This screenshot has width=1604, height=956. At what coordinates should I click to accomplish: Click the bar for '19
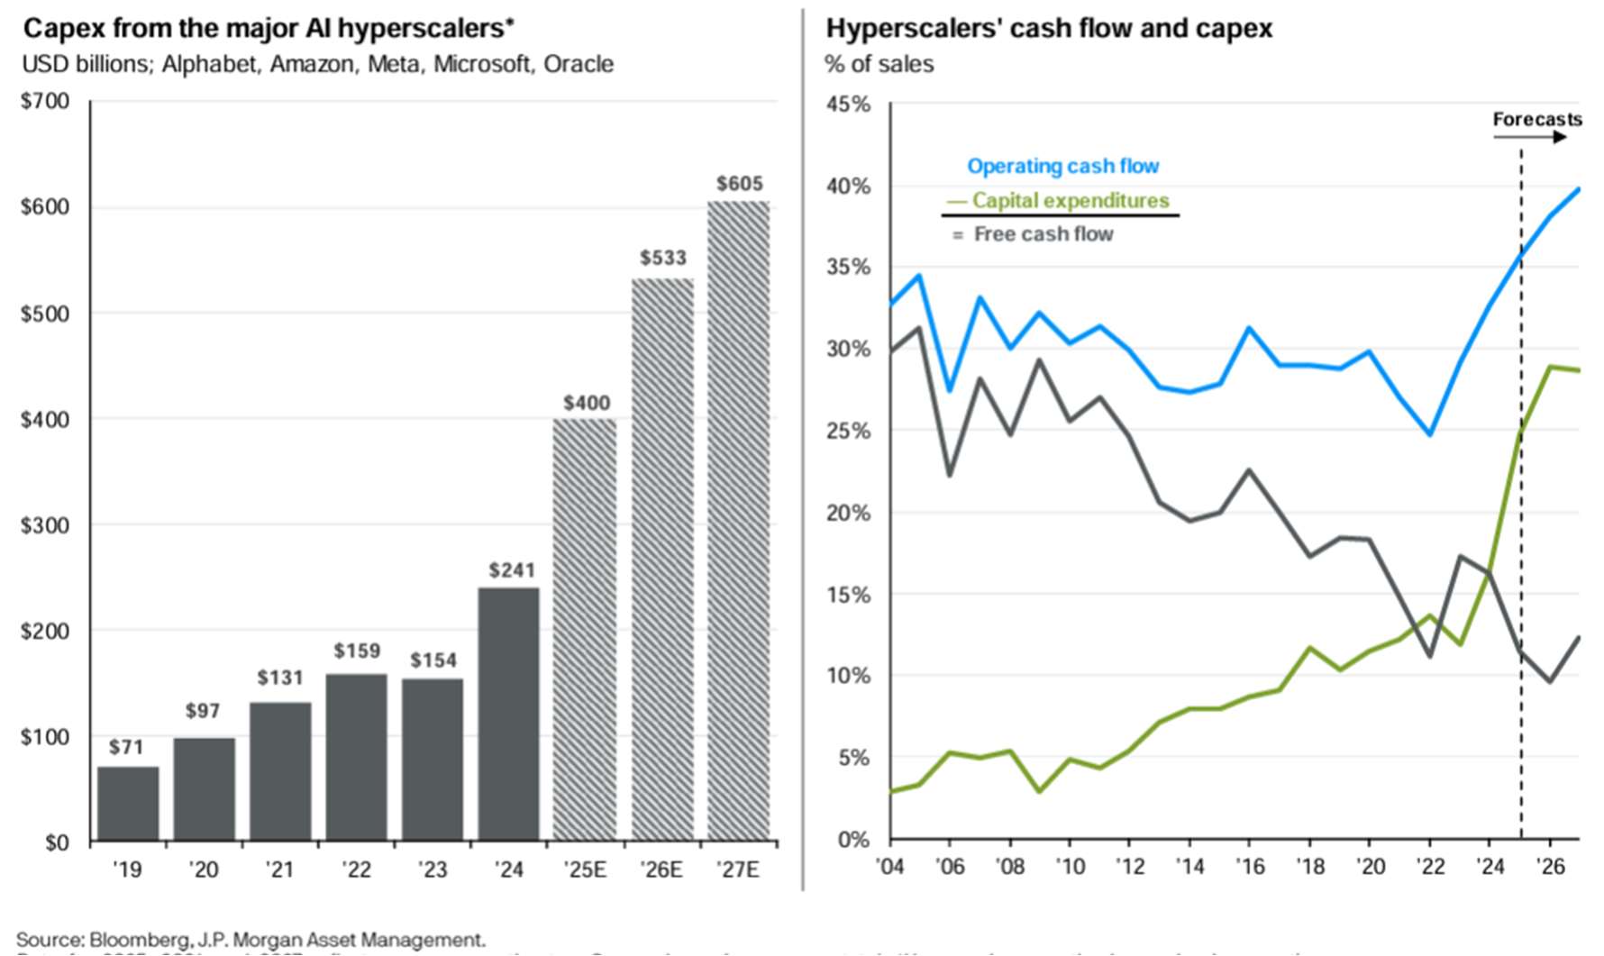[128, 804]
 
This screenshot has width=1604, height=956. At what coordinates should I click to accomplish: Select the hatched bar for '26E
[662, 559]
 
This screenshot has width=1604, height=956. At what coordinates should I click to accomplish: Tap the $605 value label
[740, 184]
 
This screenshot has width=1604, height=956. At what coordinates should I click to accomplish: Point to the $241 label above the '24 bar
[512, 570]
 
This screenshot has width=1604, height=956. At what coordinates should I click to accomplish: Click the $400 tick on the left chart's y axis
[45, 419]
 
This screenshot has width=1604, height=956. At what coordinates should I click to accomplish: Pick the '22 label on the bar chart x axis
[356, 870]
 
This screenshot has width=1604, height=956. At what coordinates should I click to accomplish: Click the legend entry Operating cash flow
[1062, 167]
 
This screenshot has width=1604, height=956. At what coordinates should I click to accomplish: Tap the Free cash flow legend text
[1044, 234]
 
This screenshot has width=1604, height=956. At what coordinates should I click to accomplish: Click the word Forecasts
[1536, 119]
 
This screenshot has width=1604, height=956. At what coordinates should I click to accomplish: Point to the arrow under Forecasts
[1530, 137]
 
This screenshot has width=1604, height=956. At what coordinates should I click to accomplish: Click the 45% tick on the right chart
[848, 105]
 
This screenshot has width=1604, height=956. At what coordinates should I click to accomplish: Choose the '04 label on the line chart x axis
[890, 867]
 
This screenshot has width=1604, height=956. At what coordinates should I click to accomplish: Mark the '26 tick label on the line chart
[1550, 867]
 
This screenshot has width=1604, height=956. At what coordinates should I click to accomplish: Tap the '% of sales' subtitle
[879, 65]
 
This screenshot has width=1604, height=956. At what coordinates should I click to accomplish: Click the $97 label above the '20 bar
[203, 711]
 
